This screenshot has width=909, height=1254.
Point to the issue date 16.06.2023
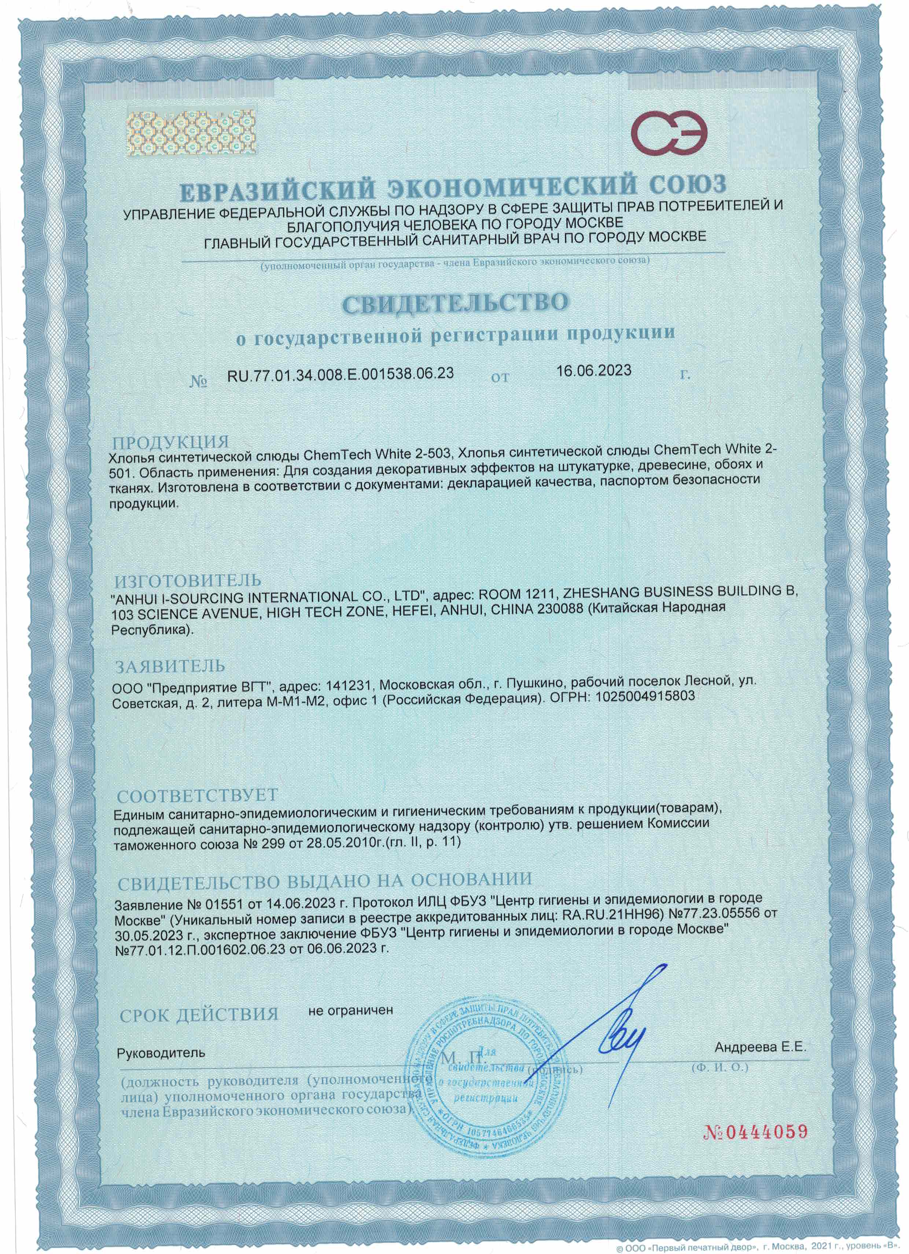[x=594, y=370]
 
